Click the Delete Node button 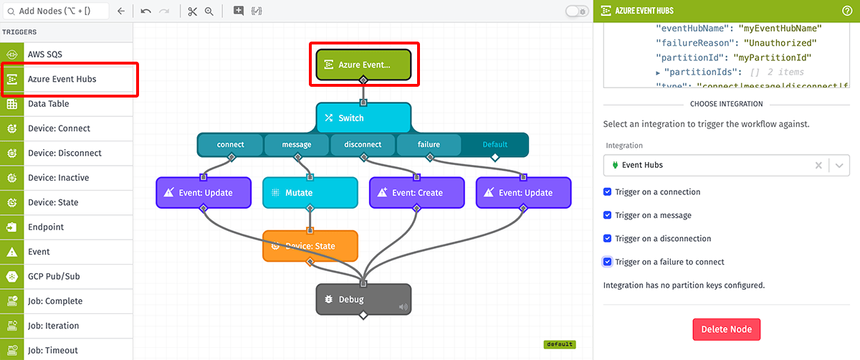[726, 329]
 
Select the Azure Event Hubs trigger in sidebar [69, 79]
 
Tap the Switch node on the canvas [363, 118]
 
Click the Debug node [363, 299]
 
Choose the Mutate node [310, 193]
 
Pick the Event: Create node [416, 193]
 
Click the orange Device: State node [310, 246]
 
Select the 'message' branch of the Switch [297, 144]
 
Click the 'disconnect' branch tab [363, 144]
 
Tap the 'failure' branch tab [429, 144]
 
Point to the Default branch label [494, 144]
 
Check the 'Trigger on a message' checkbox [608, 215]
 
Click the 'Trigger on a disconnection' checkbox [608, 238]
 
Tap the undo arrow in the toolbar [145, 11]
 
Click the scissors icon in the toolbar [192, 11]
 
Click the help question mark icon [847, 11]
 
